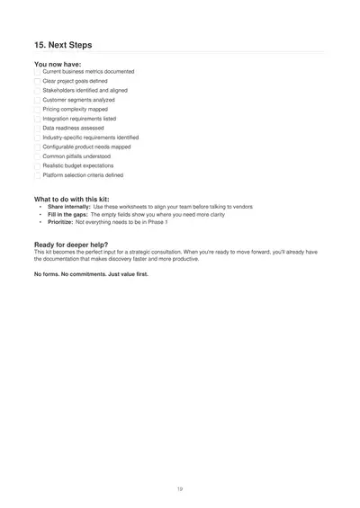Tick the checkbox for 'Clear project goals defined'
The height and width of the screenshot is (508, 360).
pos(37,81)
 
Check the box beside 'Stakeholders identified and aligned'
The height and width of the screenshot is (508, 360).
pos(37,91)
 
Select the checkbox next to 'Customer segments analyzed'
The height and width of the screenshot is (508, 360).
pos(37,100)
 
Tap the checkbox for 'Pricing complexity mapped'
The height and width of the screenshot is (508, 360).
pos(37,109)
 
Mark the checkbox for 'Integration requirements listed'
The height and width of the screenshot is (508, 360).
pos(37,119)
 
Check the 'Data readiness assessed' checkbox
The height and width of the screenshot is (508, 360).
pos(37,128)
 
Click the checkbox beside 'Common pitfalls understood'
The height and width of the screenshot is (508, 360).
pos(37,156)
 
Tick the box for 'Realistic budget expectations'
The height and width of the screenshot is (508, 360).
pos(37,165)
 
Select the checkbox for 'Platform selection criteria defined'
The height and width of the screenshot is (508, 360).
pos(37,175)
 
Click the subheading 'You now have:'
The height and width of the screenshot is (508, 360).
pos(58,65)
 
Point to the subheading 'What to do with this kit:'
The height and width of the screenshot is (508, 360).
pos(72,199)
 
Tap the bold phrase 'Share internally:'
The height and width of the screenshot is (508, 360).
pos(68,207)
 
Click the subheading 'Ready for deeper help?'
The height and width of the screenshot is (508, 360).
pos(71,245)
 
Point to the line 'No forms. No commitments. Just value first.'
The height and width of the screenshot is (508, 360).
pos(91,273)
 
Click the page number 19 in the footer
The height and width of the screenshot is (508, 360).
pos(180,488)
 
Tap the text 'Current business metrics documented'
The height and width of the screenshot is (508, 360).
pos(88,71)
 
